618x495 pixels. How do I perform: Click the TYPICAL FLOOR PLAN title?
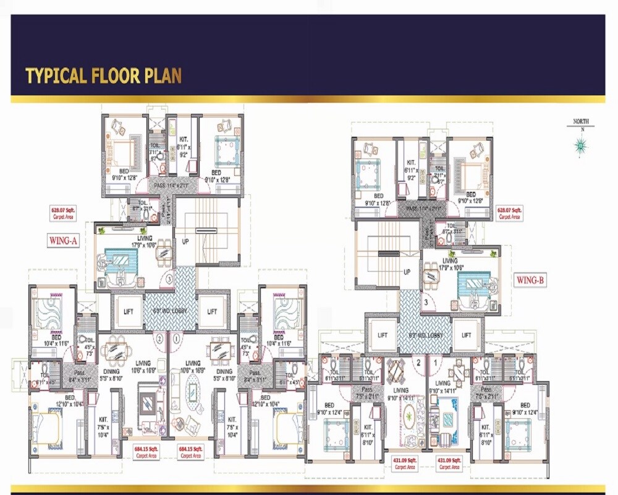(103, 75)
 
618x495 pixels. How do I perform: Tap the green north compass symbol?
(580, 145)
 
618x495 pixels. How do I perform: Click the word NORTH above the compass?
(580, 122)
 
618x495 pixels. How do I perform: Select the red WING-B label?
(531, 280)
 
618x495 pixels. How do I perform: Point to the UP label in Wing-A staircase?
(185, 241)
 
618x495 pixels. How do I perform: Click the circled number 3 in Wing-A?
(169, 280)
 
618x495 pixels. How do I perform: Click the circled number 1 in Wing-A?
(177, 338)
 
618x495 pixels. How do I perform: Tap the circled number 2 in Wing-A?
(159, 338)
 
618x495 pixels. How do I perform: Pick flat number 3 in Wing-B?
(426, 302)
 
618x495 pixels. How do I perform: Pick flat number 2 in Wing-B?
(418, 363)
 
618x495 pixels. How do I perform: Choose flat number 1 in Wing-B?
(437, 363)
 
